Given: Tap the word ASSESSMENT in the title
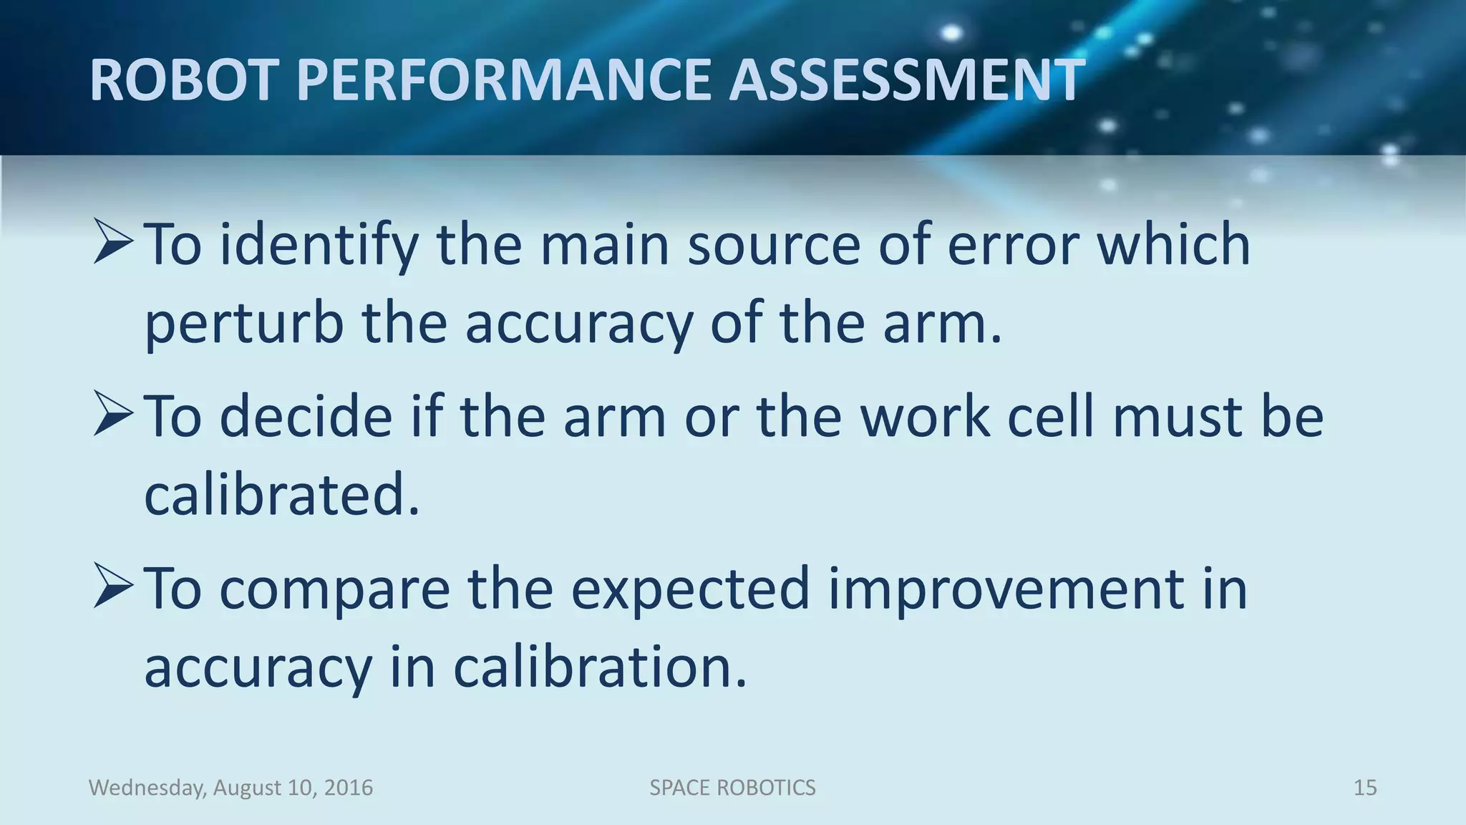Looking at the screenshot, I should point(907,79).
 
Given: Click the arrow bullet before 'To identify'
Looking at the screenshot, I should point(113,243).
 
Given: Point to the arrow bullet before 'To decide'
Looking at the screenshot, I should point(113,415).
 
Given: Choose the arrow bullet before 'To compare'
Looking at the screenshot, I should point(113,587).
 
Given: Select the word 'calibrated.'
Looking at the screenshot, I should point(282,495).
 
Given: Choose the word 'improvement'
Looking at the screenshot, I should point(1006,589).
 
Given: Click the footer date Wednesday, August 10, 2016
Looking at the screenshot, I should point(230,788).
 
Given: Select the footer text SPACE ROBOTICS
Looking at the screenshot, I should point(732,788).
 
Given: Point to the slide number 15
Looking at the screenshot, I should point(1365,788).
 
